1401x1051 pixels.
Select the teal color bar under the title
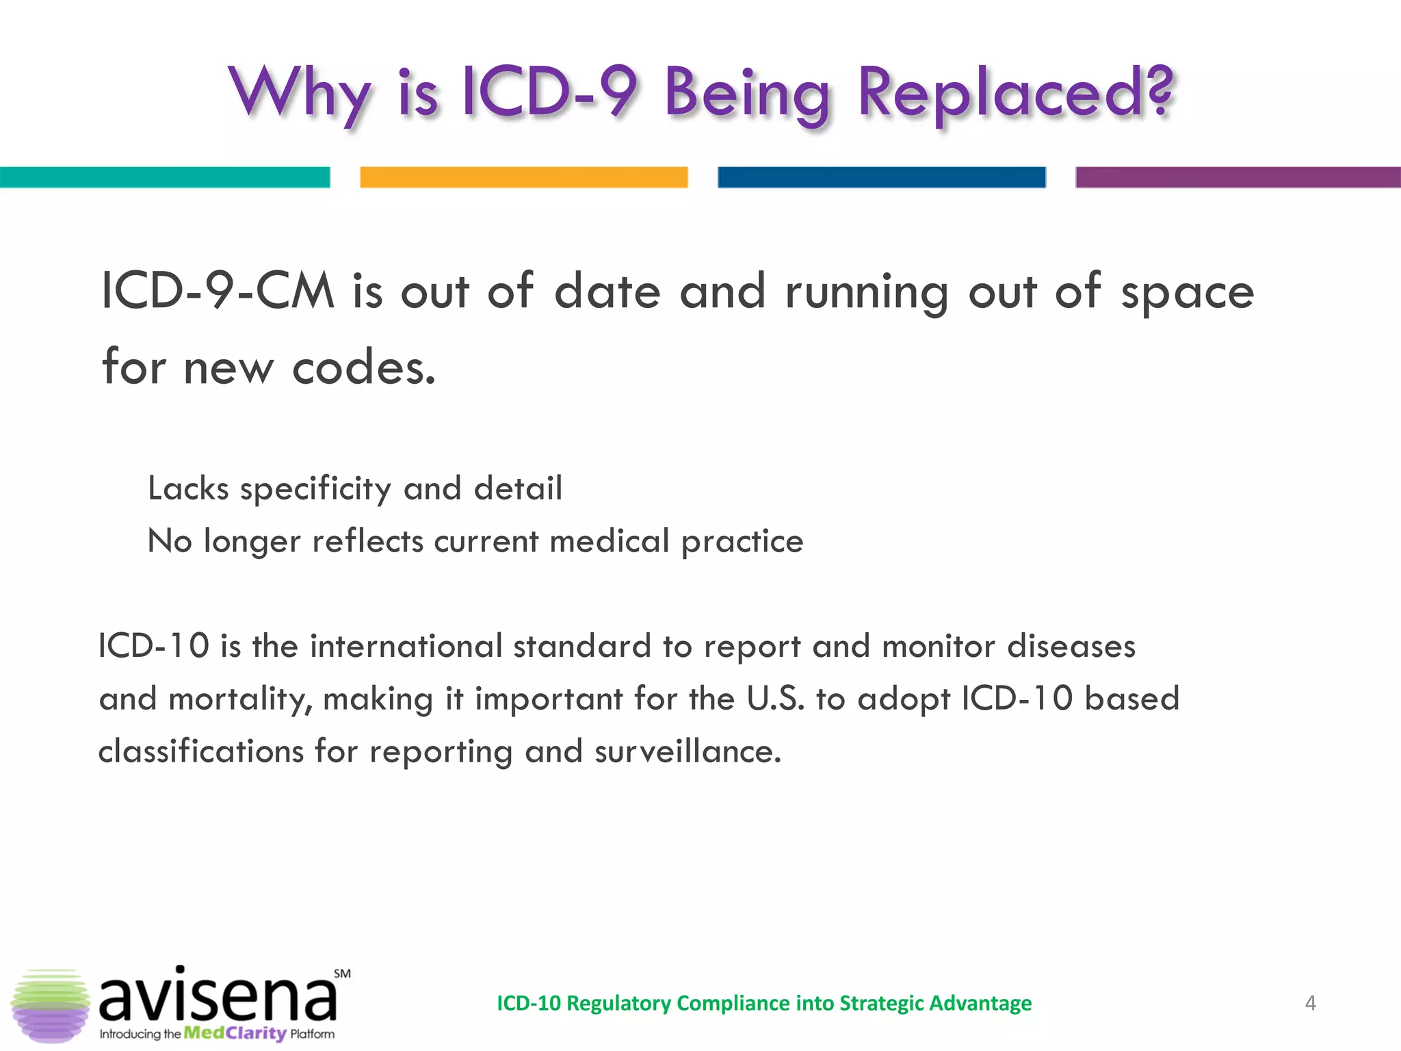[x=164, y=177]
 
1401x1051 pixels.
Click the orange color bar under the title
[x=523, y=177]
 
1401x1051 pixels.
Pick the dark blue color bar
[x=881, y=177]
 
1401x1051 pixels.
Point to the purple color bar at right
[x=1238, y=177]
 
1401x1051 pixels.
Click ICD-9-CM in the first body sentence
[x=218, y=291]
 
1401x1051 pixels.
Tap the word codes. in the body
[x=363, y=367]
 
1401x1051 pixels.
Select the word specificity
[x=315, y=489]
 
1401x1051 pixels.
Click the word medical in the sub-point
[x=609, y=541]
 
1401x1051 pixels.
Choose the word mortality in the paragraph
[x=239, y=699]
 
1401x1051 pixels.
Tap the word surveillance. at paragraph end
[x=688, y=751]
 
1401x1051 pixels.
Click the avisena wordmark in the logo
[x=218, y=996]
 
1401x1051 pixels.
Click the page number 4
[x=1310, y=1003]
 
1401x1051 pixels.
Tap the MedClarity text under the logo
[x=235, y=1033]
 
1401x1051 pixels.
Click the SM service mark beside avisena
[x=342, y=974]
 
